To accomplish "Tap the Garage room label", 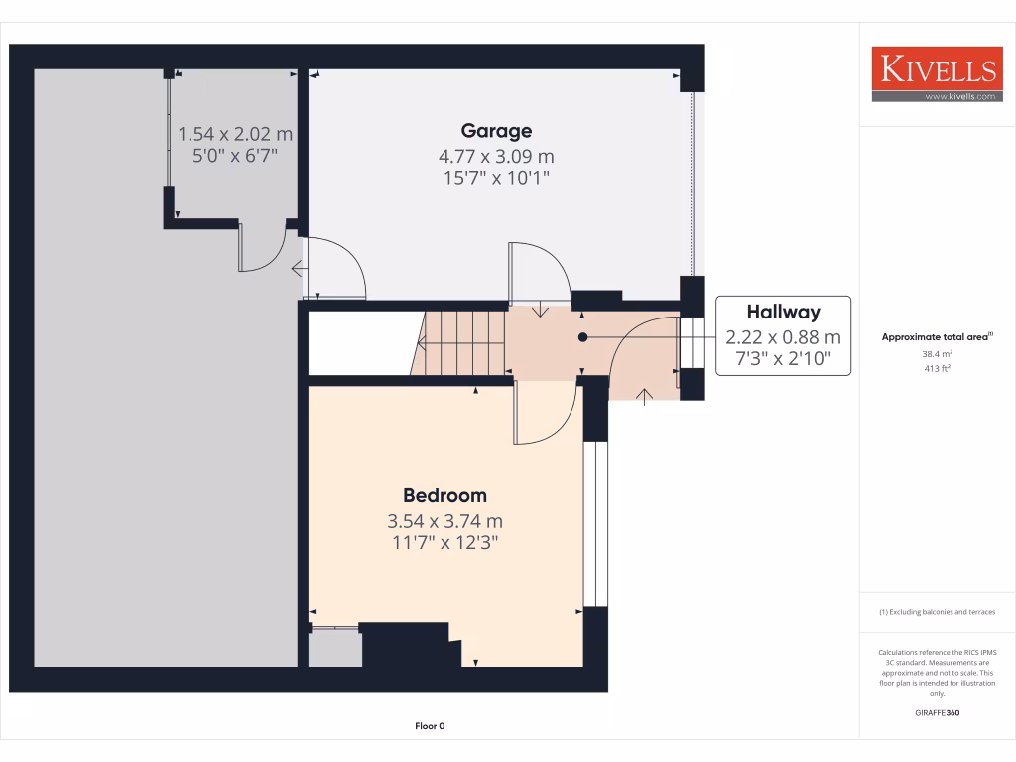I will (x=496, y=131).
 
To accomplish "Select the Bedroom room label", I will (x=444, y=496).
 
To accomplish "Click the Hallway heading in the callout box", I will (x=783, y=313).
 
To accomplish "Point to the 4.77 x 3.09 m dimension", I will (x=496, y=156).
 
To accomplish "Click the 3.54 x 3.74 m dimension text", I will (x=444, y=521).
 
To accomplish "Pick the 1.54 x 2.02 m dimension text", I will (x=235, y=134).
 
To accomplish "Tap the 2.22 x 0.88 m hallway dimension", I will (x=783, y=337).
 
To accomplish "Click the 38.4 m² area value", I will (x=939, y=354).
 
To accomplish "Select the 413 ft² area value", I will (x=939, y=368).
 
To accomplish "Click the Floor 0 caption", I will (x=430, y=726).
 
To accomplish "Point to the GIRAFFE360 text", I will (x=938, y=713).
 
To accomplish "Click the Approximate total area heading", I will (x=937, y=337).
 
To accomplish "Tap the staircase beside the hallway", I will (x=461, y=343).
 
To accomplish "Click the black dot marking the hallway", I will (x=583, y=337).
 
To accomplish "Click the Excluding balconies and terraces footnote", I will (x=938, y=612).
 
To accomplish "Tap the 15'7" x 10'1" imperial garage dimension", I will (x=496, y=178).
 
